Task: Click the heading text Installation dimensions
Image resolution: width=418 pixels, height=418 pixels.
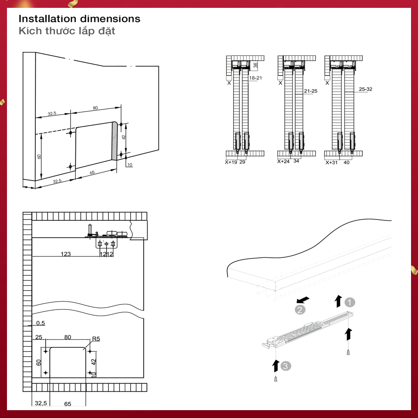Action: coord(79,19)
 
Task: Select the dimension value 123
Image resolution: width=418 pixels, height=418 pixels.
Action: coord(66,254)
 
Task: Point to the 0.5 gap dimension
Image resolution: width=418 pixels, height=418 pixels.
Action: coord(40,323)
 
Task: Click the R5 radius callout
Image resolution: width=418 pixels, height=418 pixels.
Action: coord(96,338)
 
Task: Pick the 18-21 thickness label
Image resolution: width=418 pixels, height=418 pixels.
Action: coord(255,78)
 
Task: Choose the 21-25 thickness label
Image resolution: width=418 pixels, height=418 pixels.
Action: coord(310,91)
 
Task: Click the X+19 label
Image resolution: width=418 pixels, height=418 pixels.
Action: coord(231,162)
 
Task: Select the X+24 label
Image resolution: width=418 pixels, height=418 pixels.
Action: coord(284,161)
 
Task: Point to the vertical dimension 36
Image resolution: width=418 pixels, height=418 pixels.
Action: coord(256,65)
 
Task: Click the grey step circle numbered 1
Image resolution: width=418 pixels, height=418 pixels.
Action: coord(350,302)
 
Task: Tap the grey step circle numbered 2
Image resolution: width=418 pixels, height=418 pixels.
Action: coord(299,310)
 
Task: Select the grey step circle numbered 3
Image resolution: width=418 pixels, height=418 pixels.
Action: coord(285,366)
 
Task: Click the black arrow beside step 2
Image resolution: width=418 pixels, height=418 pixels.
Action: coord(303,300)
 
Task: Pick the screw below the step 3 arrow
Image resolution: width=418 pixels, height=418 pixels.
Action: coord(275,379)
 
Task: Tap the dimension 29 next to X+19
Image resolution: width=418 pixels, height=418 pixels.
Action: coord(243,162)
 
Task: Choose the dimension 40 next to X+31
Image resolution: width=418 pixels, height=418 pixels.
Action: coord(347,162)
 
